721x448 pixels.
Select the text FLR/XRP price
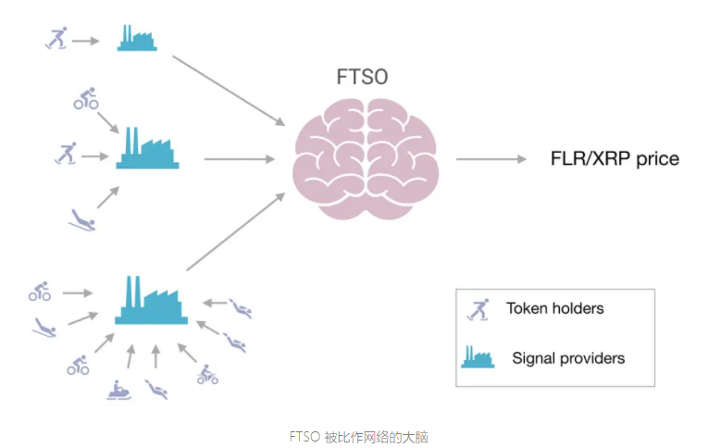coord(615,159)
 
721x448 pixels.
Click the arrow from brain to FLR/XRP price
coord(491,159)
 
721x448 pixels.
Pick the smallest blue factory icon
coord(137,38)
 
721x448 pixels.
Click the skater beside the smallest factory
coord(57,38)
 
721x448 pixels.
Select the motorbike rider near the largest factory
coord(207,374)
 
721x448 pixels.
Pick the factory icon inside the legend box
coord(478,356)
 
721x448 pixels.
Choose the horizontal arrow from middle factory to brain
coord(228,159)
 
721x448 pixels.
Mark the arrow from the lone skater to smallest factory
coord(87,40)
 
